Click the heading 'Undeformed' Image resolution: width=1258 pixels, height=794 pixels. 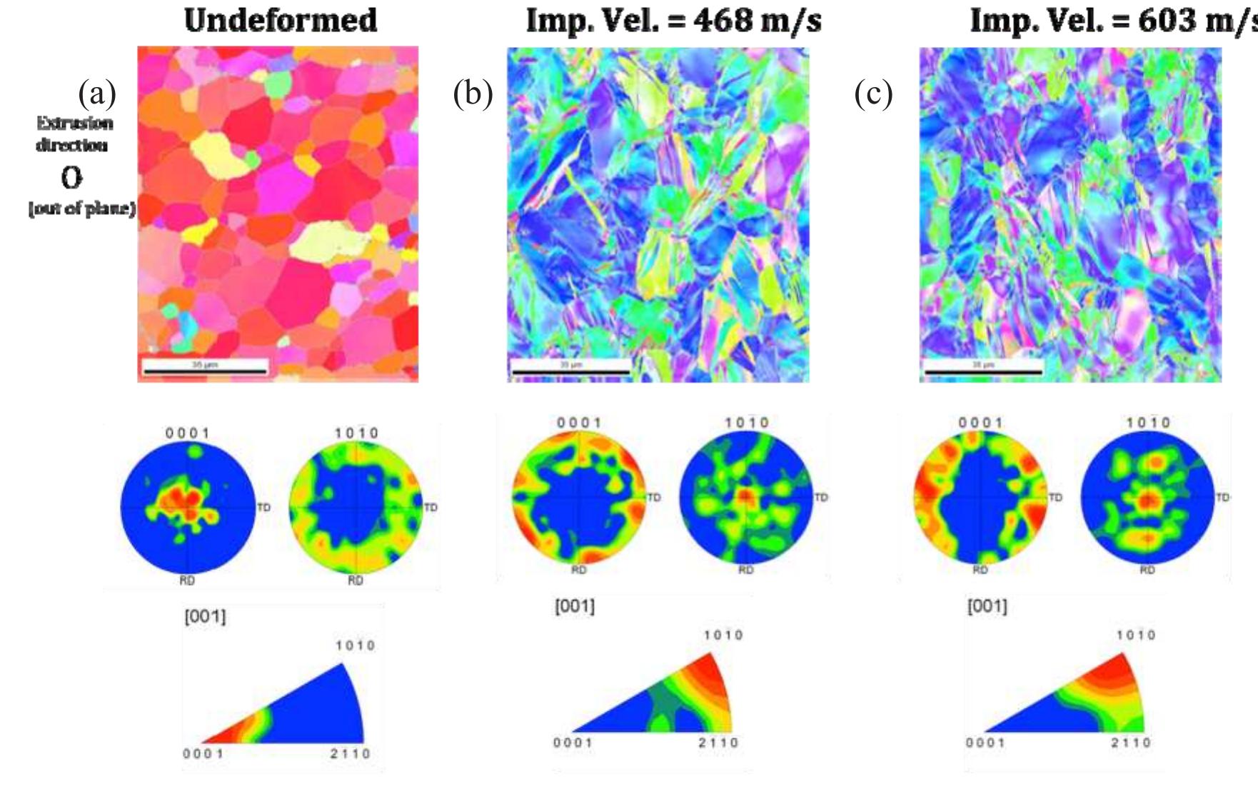[x=281, y=20]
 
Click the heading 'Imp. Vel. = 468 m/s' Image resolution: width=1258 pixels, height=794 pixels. [x=673, y=20]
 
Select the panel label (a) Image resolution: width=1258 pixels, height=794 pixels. [x=97, y=94]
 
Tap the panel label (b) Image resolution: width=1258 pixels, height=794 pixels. [x=473, y=94]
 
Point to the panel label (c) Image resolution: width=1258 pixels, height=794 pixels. [x=873, y=94]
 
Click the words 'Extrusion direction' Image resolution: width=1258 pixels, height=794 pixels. [x=74, y=134]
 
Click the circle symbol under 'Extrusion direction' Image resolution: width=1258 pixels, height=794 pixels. [x=71, y=177]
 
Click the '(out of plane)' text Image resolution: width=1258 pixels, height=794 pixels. [x=82, y=208]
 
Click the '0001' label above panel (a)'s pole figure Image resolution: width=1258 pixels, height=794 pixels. [x=187, y=433]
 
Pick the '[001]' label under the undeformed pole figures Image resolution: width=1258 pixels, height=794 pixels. [x=205, y=615]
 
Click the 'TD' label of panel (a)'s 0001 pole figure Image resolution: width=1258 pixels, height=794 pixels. [x=263, y=508]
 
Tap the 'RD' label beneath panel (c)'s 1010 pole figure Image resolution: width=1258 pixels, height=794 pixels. [x=1147, y=570]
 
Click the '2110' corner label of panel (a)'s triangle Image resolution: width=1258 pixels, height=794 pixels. [x=350, y=753]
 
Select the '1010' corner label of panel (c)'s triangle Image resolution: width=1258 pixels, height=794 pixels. [x=1135, y=635]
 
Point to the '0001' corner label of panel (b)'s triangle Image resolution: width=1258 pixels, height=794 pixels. [x=573, y=743]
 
